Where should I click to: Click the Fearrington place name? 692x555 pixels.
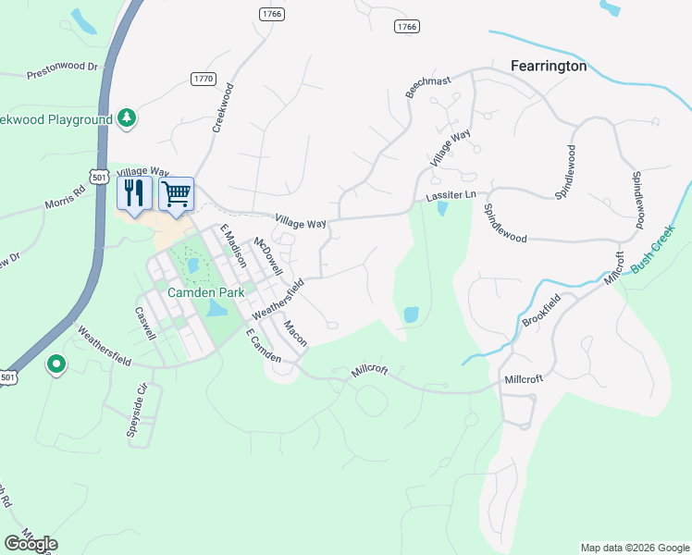[549, 66]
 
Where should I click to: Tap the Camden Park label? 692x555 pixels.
[205, 291]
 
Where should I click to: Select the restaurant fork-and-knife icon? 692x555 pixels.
[135, 194]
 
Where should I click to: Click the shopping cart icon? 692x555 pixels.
[176, 194]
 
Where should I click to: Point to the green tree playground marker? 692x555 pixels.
[128, 118]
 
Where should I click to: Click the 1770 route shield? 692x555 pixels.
[204, 80]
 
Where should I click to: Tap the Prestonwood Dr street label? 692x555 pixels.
[62, 68]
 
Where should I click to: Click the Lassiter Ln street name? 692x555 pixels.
[450, 196]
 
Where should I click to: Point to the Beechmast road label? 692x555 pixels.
[427, 87]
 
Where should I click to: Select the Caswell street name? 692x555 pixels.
[143, 324]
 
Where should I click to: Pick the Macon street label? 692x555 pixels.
[295, 333]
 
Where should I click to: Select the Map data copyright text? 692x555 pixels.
[634, 548]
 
